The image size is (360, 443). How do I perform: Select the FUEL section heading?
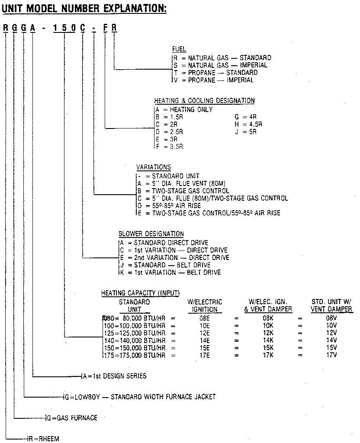tap(179, 49)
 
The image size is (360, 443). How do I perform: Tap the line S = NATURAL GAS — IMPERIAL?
tap(220, 65)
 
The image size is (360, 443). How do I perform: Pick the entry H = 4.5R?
tap(248, 125)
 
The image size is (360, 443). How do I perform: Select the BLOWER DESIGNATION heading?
tap(151, 234)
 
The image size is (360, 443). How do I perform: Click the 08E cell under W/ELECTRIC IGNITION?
tap(205, 318)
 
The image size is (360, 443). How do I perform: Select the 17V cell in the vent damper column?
tap(331, 355)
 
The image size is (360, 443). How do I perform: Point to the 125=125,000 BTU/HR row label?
tap(135, 333)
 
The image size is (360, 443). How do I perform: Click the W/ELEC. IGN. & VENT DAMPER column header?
tap(268, 305)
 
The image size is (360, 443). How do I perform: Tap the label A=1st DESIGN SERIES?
tap(115, 376)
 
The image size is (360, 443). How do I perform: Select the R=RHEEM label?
tap(43, 439)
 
